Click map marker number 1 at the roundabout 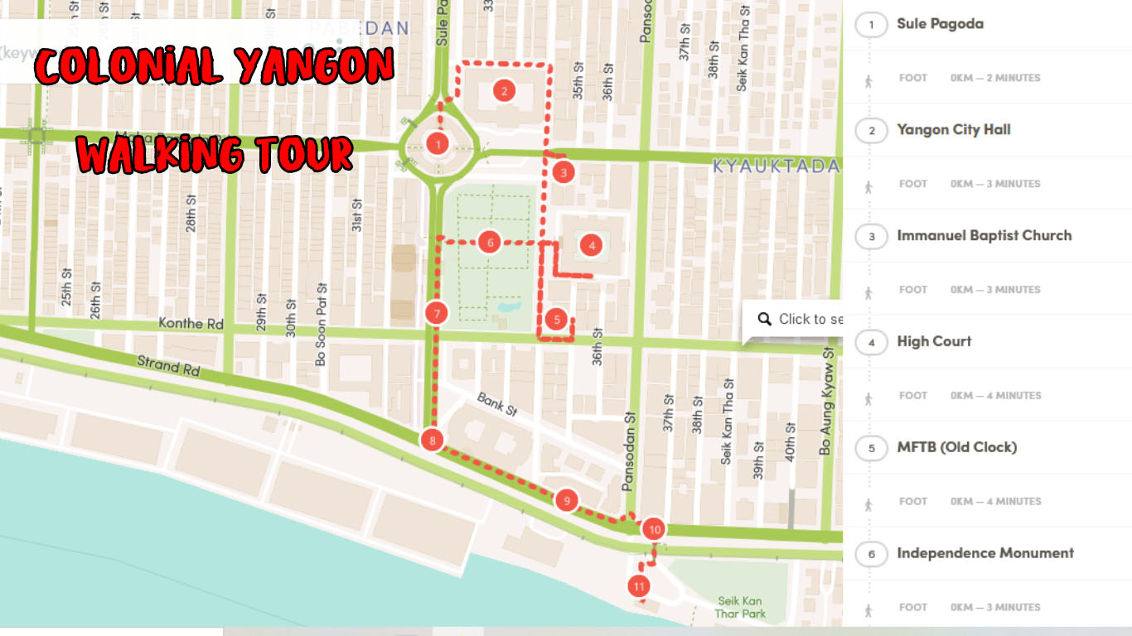[438, 144]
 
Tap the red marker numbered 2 [504, 91]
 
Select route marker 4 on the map [592, 245]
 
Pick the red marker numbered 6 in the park [490, 243]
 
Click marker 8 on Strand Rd [432, 441]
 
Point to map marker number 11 [639, 586]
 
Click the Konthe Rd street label [191, 324]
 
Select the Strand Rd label [168, 366]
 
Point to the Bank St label [497, 404]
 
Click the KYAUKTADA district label [776, 166]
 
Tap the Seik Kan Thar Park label [740, 608]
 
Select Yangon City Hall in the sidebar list [953, 130]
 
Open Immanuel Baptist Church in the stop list [984, 236]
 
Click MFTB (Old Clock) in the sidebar [956, 448]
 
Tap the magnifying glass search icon [763, 319]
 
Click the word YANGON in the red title [316, 66]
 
